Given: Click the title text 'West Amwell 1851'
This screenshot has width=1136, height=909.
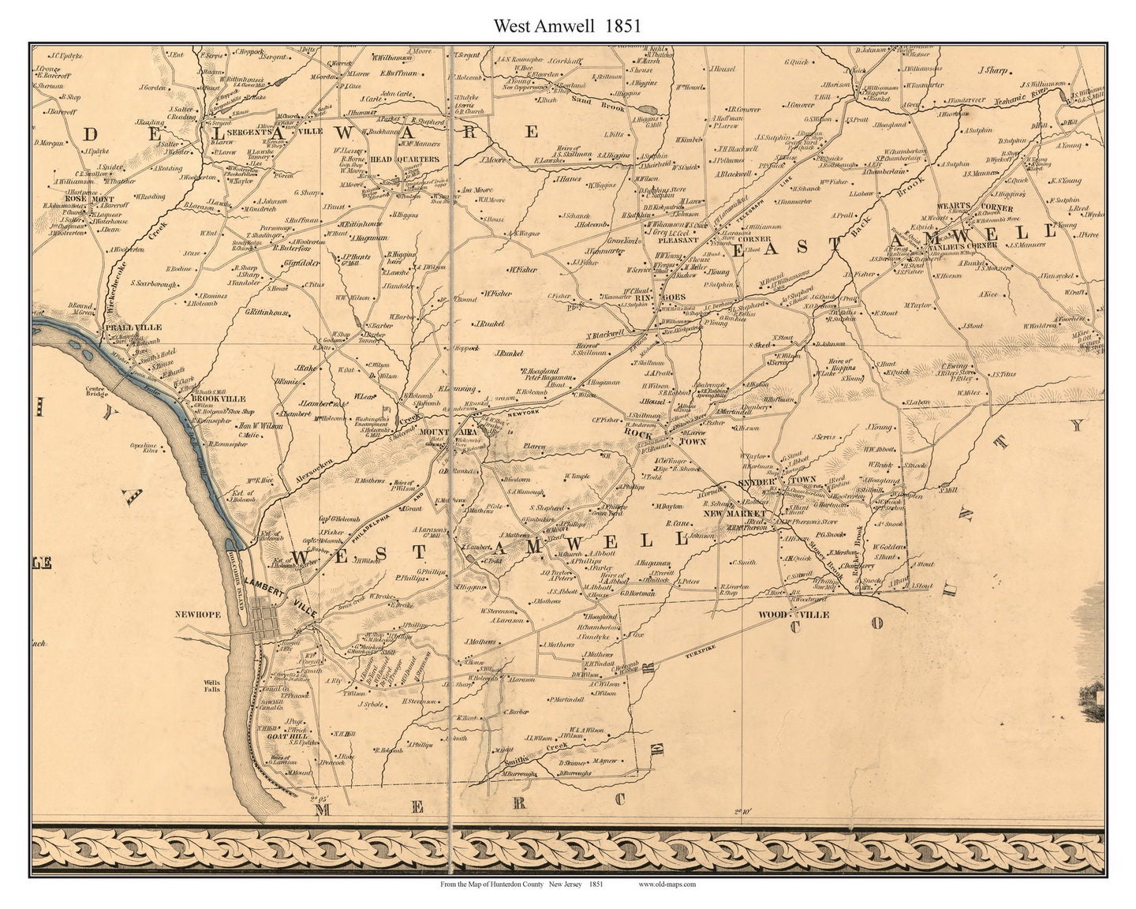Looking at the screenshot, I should (566, 26).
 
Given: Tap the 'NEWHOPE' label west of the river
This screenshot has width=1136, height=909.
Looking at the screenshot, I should (201, 612).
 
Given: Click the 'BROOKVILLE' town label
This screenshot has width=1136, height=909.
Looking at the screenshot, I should (211, 399).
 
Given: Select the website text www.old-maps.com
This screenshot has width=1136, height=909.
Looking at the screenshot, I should (667, 885).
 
